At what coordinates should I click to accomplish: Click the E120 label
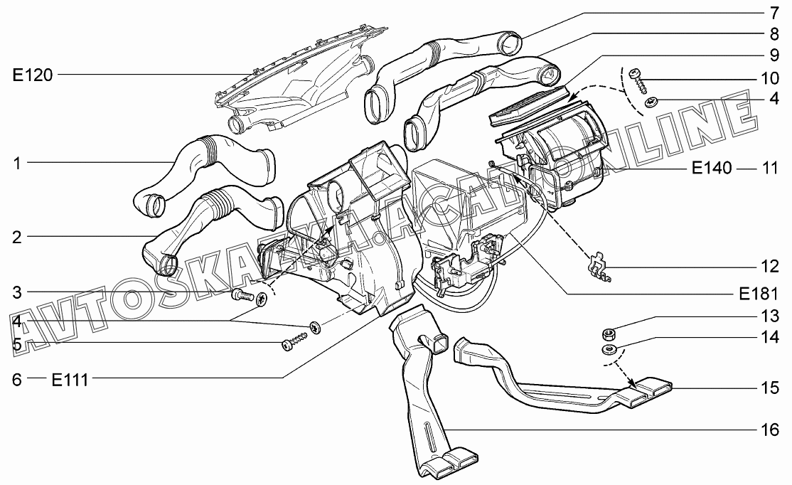tap(32, 75)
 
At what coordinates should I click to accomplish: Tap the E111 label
tap(70, 380)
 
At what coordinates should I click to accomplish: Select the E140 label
tap(711, 168)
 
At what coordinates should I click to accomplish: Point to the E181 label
tap(758, 294)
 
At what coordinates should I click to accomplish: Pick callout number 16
tap(770, 430)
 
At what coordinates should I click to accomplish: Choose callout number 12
tap(770, 266)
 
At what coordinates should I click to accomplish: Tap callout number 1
tap(17, 163)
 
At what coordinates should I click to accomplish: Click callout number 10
tap(770, 78)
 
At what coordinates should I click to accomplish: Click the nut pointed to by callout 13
tap(608, 334)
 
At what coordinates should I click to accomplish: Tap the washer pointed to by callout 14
tap(609, 350)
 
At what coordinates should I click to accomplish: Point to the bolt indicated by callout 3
tap(243, 294)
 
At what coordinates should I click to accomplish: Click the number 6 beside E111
tap(17, 380)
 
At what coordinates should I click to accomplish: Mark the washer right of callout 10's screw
tap(652, 103)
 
